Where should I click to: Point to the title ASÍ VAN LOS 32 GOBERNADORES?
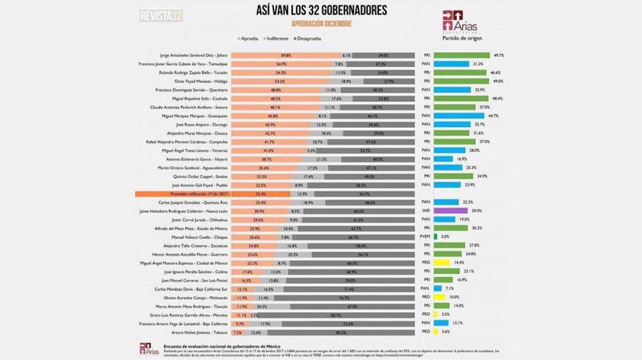320,10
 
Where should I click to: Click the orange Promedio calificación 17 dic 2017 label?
182,194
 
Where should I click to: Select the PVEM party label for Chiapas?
425,236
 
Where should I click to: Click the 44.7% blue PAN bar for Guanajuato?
461,116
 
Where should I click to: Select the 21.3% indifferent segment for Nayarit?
311,159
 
